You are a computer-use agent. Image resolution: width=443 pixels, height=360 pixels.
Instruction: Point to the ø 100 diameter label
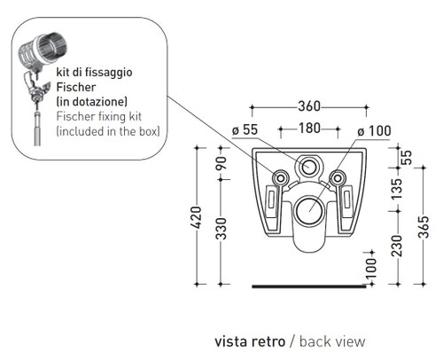point(373,129)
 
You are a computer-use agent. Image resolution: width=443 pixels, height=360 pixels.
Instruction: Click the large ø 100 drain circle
point(310,210)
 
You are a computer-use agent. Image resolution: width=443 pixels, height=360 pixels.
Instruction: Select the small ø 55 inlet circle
point(309,166)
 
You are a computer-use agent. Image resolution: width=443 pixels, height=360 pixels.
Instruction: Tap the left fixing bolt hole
point(281,179)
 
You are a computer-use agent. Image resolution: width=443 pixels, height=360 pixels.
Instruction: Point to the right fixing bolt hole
point(338,179)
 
